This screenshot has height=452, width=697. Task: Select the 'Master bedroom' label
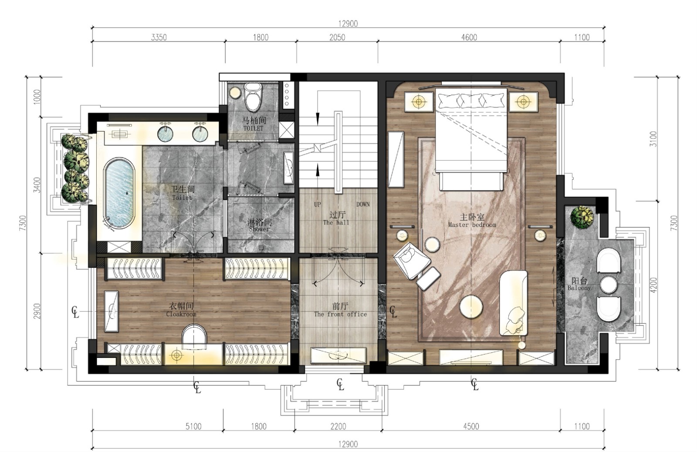click(472, 224)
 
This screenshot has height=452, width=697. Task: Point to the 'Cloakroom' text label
click(181, 314)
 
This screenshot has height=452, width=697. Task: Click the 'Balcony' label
click(579, 288)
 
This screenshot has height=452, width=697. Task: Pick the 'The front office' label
click(340, 314)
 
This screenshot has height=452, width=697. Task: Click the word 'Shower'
click(259, 229)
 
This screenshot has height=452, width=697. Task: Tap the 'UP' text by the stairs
click(318, 204)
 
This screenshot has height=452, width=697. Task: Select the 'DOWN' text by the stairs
click(363, 204)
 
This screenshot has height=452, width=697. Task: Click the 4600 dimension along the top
click(469, 37)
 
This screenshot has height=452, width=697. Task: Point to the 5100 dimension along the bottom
click(193, 426)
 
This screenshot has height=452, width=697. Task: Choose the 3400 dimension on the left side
click(37, 185)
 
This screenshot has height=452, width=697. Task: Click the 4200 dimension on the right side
click(654, 285)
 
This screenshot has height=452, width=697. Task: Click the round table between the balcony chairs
click(608, 285)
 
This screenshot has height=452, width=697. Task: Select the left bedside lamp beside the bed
click(419, 102)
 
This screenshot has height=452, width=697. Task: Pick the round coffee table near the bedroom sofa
click(471, 306)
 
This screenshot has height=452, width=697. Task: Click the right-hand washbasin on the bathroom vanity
click(200, 134)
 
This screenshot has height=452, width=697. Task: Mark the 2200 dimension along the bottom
click(338, 426)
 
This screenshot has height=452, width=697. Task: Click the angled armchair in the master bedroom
click(411, 260)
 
